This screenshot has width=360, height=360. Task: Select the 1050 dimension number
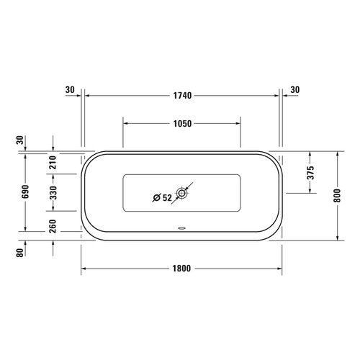click(182, 123)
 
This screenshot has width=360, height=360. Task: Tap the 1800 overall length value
click(181, 269)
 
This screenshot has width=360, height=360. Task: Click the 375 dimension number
click(310, 173)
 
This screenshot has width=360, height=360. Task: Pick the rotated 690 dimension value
click(25, 192)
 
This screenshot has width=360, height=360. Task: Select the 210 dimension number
click(53, 163)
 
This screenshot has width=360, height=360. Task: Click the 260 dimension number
click(53, 225)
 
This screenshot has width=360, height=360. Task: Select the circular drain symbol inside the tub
click(182, 194)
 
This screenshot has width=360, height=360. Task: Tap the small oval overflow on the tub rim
click(181, 231)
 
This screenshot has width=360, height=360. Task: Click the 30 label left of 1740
click(69, 90)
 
